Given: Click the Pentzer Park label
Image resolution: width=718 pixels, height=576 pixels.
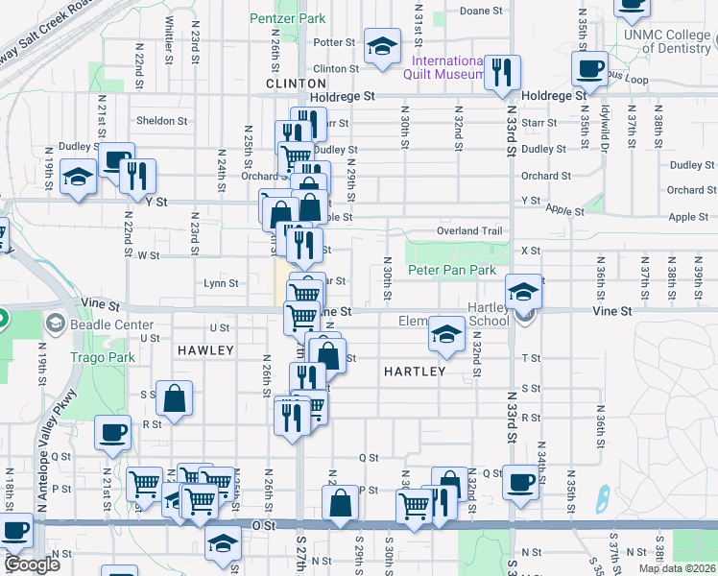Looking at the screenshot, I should (287, 18).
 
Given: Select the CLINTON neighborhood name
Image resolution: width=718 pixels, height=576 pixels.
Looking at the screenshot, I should (290, 84).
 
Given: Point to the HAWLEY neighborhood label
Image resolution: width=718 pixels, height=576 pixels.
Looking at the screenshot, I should (205, 350).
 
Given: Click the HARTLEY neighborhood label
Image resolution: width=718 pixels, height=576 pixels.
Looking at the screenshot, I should (415, 371).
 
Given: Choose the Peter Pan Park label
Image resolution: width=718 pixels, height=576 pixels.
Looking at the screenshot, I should (452, 271).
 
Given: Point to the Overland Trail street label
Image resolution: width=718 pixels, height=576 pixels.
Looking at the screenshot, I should (470, 231).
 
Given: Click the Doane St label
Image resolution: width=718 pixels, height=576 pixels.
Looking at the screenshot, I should (482, 12).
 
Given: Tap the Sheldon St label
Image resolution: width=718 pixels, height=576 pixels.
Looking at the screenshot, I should (161, 121).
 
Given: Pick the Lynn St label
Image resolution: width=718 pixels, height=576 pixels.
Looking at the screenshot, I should (221, 283).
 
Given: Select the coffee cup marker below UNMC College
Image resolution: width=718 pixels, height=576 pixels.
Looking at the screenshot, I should (589, 68).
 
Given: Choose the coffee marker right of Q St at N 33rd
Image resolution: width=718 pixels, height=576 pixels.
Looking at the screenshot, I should (521, 482).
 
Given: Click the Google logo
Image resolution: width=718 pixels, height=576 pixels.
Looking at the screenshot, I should (31, 564).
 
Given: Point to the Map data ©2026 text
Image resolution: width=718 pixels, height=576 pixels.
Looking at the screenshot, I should (676, 568).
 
